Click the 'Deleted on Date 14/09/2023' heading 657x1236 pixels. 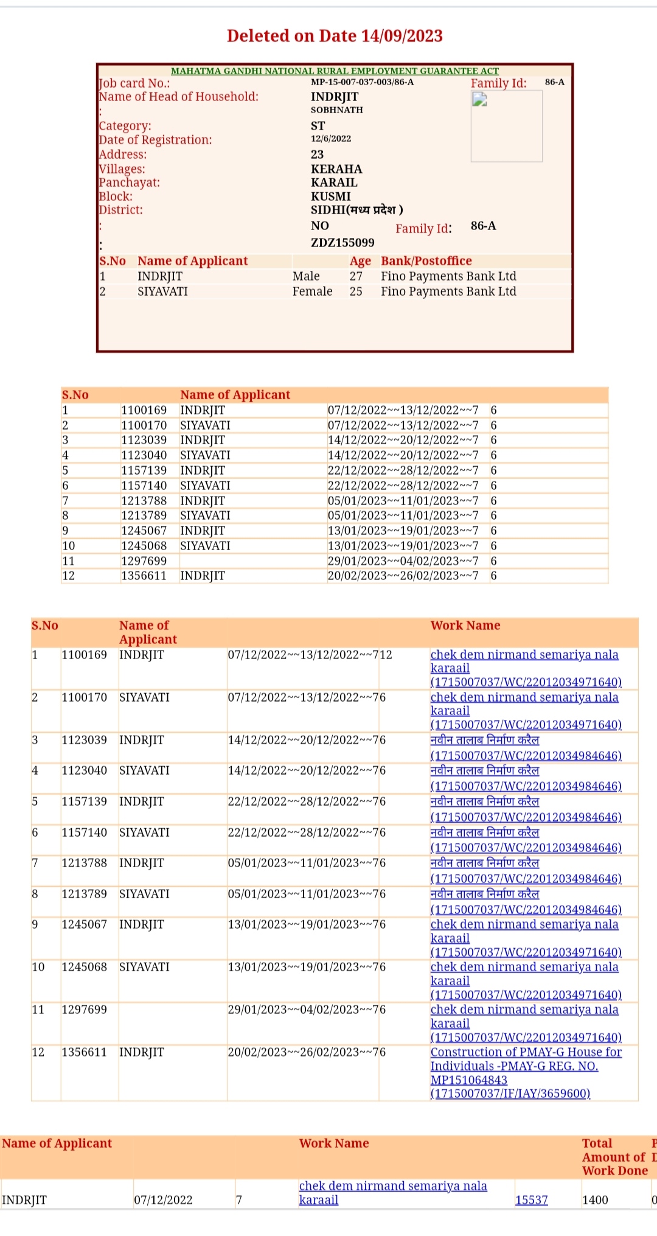[x=335, y=36]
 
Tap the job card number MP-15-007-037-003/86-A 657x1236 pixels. [x=362, y=82]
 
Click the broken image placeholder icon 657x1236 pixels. [x=480, y=100]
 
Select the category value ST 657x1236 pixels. [x=318, y=126]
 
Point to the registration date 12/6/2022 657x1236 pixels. [x=331, y=139]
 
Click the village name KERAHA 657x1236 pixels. [x=336, y=169]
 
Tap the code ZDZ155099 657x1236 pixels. [x=342, y=243]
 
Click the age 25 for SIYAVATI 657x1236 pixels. [x=356, y=292]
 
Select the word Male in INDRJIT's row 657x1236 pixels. [x=306, y=276]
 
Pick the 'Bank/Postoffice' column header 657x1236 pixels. [x=426, y=261]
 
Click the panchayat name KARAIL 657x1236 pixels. [x=334, y=183]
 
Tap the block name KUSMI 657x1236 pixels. [x=331, y=197]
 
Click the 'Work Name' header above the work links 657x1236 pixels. [x=465, y=626]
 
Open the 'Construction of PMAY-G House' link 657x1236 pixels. [x=526, y=1052]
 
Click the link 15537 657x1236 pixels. [x=531, y=1199]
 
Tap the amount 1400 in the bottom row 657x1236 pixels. [x=595, y=1199]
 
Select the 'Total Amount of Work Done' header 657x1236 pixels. [x=614, y=1156]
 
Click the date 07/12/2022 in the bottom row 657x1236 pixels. [x=163, y=1199]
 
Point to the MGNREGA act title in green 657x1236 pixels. [x=335, y=71]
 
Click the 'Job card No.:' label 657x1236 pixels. [x=134, y=83]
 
